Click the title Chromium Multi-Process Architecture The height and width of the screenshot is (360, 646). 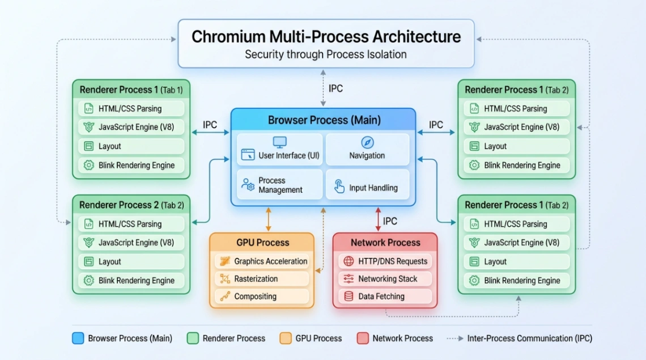[326, 37]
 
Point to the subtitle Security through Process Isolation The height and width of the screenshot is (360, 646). [326, 55]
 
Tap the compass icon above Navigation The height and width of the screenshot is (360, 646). [367, 142]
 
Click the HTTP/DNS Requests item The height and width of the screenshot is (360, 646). [385, 261]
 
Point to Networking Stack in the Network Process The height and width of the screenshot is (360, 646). [385, 279]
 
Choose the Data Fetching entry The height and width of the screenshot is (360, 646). [385, 296]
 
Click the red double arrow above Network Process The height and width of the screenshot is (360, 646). [378, 219]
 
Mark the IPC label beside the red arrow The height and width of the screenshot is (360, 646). [390, 221]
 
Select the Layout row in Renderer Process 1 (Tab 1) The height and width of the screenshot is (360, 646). [131, 146]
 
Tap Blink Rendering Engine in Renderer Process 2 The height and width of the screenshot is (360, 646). [131, 280]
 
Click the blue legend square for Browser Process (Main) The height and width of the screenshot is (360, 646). [78, 338]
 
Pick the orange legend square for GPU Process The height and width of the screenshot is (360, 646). [286, 338]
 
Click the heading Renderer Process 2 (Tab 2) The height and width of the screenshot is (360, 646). [131, 205]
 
